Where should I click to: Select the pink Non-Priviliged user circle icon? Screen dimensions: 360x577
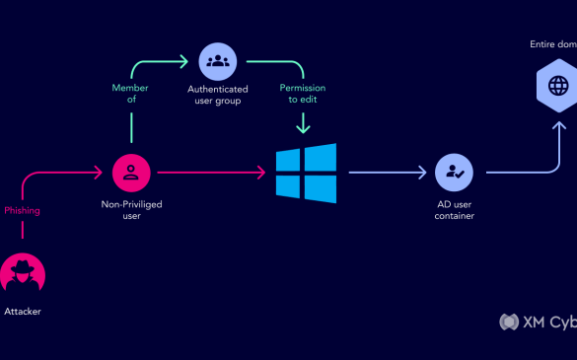coord(130,173)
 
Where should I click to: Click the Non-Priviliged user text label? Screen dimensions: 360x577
coord(130,210)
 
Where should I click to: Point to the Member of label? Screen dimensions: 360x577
coord(130,94)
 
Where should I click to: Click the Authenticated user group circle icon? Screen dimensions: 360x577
coord(217,61)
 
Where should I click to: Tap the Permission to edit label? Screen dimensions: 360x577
coord(304,94)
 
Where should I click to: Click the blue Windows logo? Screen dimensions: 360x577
coord(306,174)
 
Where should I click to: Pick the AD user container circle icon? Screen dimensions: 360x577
coord(455,173)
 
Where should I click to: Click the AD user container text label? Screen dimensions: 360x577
coord(455,209)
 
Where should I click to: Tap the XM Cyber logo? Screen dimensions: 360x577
coord(538,322)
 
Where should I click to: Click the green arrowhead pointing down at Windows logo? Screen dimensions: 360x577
coord(304,128)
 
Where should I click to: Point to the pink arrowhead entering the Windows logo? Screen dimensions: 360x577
coord(262,173)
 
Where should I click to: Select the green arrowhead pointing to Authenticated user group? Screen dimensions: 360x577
coord(184,61)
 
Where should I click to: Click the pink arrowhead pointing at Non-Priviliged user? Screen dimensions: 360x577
coord(99,173)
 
